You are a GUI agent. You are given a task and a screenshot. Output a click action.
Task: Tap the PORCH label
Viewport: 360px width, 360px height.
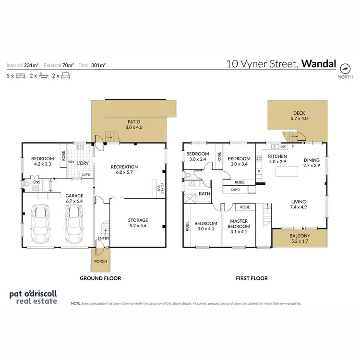(101, 261)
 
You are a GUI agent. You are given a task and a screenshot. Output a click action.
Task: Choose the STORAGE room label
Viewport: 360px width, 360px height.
(137, 223)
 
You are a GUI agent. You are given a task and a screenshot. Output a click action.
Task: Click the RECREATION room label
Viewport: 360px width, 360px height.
(124, 170)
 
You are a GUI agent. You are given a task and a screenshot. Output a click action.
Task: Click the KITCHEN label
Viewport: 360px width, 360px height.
(277, 159)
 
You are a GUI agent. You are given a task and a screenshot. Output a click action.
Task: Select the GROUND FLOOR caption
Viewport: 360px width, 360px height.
(100, 278)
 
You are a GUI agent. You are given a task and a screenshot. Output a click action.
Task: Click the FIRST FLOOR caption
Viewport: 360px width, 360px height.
(251, 278)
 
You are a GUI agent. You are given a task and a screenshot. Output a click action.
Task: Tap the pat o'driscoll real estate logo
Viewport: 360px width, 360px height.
(33, 297)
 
